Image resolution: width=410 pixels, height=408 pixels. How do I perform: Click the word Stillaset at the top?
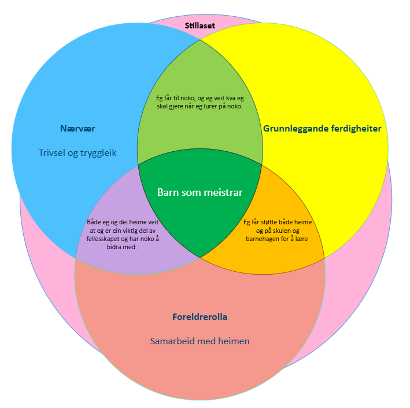pos(200,26)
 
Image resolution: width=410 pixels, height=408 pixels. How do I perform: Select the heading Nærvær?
pos(77,129)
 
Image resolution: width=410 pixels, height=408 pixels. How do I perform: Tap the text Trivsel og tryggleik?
pos(77,153)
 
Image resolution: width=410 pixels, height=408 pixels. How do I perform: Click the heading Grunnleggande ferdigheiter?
pos(322,129)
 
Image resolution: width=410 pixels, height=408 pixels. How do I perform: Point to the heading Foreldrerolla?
pos(200,317)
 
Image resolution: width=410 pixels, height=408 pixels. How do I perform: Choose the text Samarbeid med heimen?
pos(200,341)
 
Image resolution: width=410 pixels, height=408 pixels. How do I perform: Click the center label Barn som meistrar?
pos(200,192)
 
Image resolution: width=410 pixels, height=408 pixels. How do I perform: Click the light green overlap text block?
pos(200,102)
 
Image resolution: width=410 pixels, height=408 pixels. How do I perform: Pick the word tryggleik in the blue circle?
pos(98,153)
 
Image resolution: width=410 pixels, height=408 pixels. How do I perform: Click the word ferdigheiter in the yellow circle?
pos(355,129)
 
